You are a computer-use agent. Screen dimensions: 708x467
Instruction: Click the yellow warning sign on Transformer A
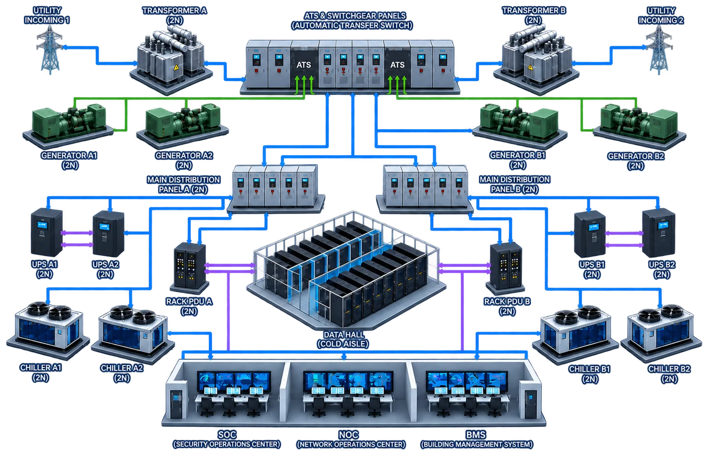point(176,67)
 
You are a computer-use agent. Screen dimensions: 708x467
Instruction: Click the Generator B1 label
point(518,160)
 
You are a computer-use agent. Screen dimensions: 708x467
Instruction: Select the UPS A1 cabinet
point(46,232)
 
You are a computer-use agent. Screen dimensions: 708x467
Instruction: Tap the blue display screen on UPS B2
point(663,225)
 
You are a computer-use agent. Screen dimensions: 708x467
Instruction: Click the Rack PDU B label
point(507,306)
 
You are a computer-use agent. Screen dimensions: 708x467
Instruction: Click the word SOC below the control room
point(227,435)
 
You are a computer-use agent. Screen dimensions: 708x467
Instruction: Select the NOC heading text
point(349,435)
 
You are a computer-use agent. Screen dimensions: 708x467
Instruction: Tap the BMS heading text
point(476,435)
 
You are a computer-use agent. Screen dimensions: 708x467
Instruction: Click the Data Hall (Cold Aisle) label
point(343,339)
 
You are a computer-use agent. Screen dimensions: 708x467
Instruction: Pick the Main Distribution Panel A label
point(184,184)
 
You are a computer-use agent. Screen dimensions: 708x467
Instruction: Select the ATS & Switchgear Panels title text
point(352,21)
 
